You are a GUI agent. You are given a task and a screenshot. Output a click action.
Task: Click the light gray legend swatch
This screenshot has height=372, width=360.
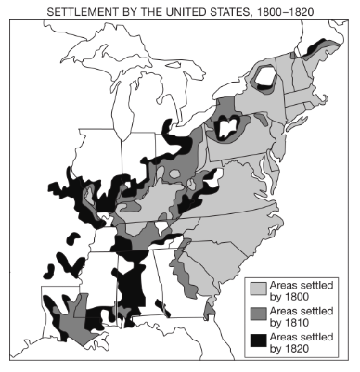(259, 288)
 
